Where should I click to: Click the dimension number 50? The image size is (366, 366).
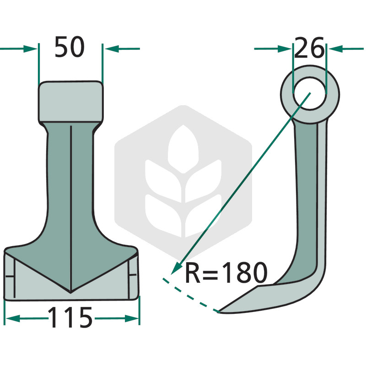tap(70, 47)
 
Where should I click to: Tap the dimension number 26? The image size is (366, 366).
tap(309, 48)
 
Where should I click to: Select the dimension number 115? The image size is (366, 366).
tap(70, 318)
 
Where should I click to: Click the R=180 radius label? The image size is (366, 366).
tap(226, 272)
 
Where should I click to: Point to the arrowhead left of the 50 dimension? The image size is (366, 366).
tap(30, 49)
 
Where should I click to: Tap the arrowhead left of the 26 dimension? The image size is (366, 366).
tap(285, 49)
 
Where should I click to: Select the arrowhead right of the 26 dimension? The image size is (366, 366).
tap(336, 49)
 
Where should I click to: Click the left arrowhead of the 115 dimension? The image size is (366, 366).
tap(13, 318)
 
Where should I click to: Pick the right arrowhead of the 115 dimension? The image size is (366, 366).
tap(132, 318)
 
